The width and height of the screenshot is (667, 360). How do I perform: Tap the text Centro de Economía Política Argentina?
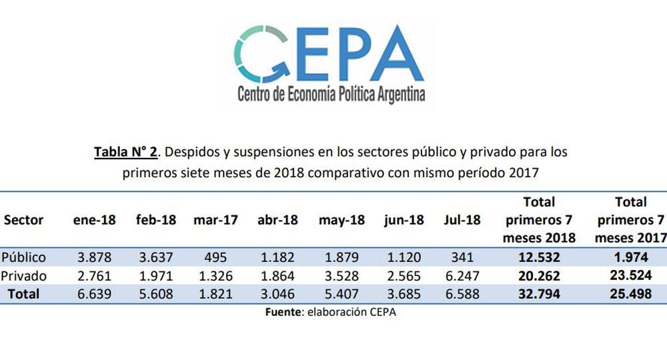tap(331, 94)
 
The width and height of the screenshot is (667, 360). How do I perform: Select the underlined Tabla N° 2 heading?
tap(125, 152)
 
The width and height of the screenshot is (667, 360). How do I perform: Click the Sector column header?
tap(23, 220)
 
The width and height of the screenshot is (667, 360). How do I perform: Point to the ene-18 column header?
tap(94, 220)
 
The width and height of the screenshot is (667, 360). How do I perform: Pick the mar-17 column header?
tap(214, 220)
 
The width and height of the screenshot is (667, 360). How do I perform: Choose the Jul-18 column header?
tap(462, 220)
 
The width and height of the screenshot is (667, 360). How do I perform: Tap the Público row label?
tap(24, 257)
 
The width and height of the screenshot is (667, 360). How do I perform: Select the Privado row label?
tap(23, 275)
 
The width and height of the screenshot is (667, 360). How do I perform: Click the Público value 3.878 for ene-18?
tap(94, 257)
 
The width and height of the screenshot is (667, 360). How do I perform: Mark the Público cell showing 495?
tap(214, 257)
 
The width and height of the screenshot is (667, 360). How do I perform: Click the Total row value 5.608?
tap(155, 293)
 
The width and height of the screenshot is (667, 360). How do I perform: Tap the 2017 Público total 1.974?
tap(630, 257)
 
